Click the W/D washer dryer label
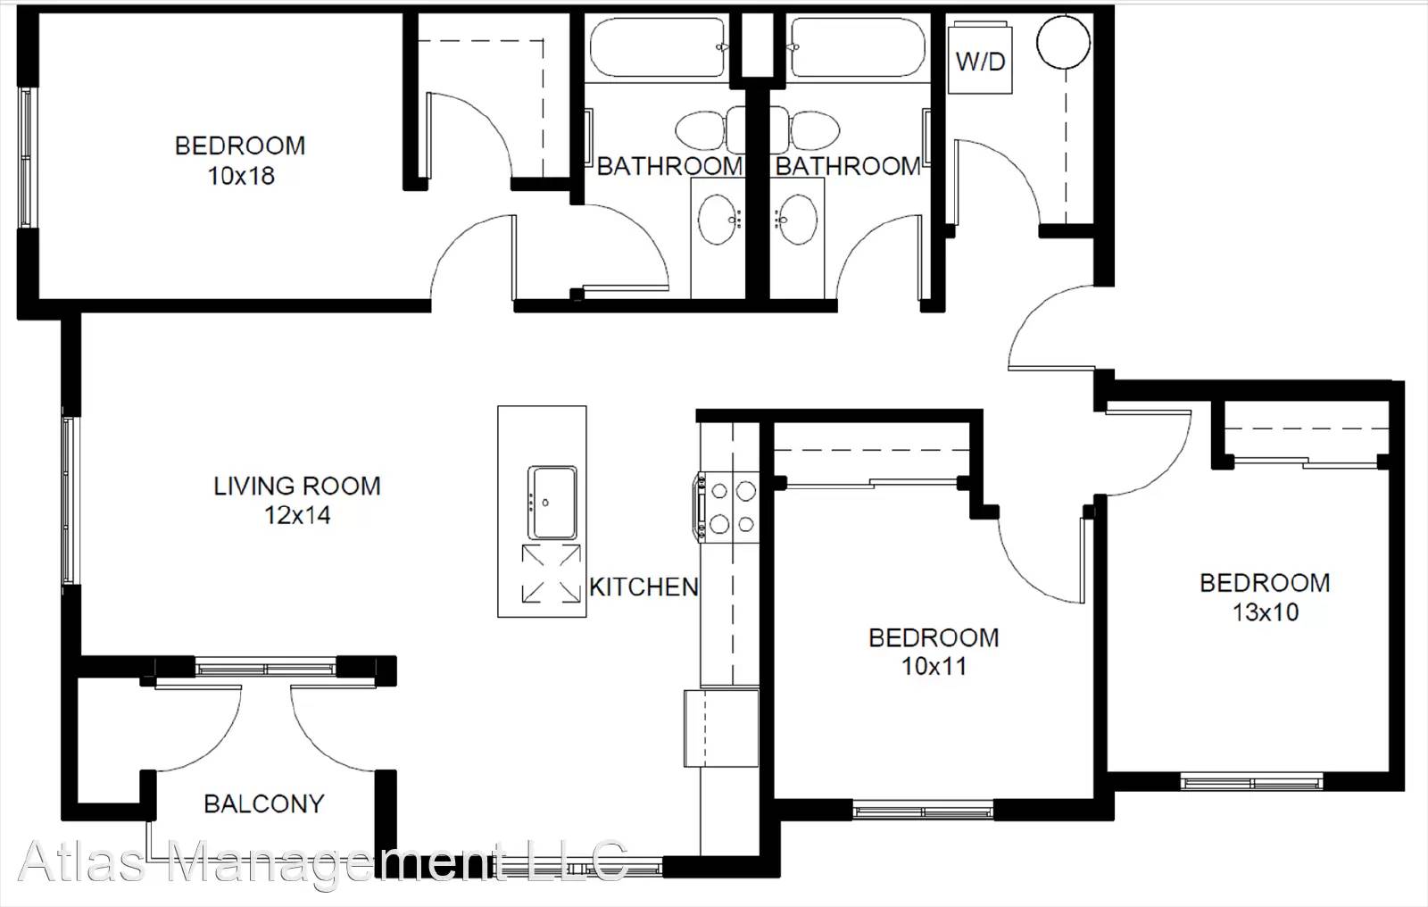pyautogui.click(x=981, y=62)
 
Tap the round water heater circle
pyautogui.click(x=1063, y=41)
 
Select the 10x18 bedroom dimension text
pyautogui.click(x=241, y=175)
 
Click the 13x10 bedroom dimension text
pyautogui.click(x=1266, y=612)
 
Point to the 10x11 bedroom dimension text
pyautogui.click(x=934, y=667)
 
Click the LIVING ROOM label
pyautogui.click(x=297, y=486)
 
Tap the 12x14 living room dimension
pyautogui.click(x=298, y=515)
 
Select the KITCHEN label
pyautogui.click(x=643, y=587)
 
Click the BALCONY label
pyautogui.click(x=264, y=803)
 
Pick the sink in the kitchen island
pyautogui.click(x=552, y=503)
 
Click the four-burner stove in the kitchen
pyautogui.click(x=727, y=508)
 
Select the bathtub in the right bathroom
pyautogui.click(x=857, y=47)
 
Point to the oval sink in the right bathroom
pyautogui.click(x=796, y=219)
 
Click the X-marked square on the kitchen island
pyautogui.click(x=552, y=573)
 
